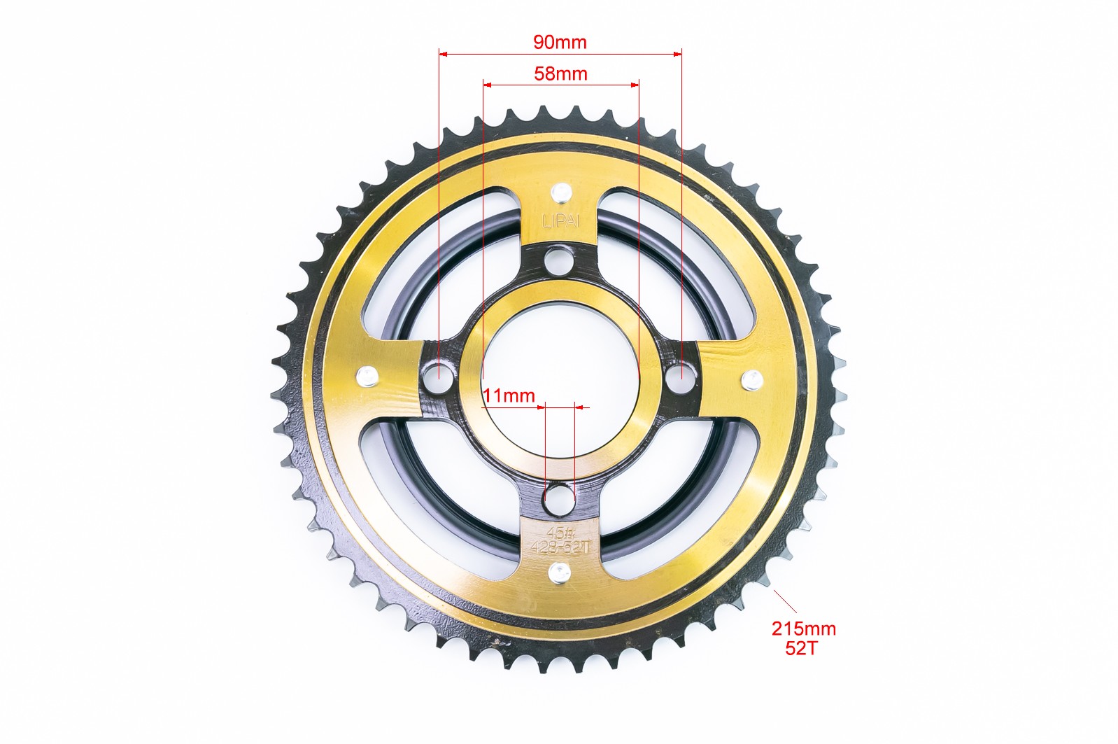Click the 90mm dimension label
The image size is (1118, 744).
(x=560, y=43)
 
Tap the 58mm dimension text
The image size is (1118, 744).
(x=560, y=74)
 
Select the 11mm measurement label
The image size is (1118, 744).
(x=509, y=396)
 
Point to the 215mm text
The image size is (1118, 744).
(x=804, y=629)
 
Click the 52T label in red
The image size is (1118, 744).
(x=801, y=648)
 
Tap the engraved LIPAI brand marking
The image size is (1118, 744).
(x=561, y=221)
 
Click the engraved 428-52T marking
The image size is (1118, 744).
(x=560, y=548)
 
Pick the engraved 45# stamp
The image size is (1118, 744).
(x=560, y=533)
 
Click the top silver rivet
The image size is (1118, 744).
(x=561, y=192)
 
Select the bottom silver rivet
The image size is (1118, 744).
(x=559, y=573)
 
